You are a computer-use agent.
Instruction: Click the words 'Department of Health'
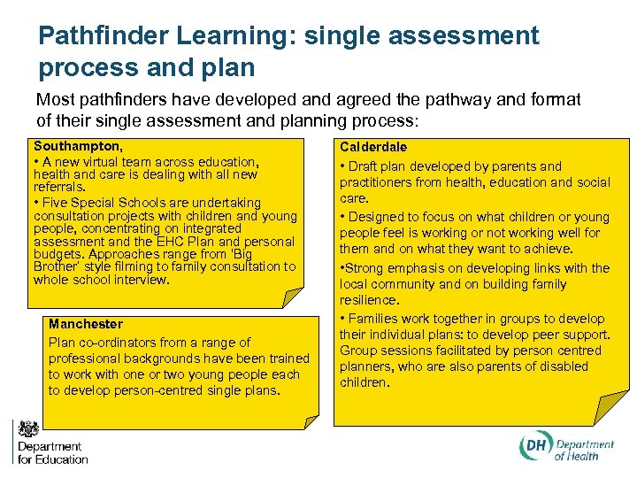click(x=582, y=450)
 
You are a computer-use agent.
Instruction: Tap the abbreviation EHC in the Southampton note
click(x=142, y=242)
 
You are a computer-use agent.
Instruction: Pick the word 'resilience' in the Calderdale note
click(x=369, y=301)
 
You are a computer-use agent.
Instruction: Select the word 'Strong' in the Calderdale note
click(x=365, y=268)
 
